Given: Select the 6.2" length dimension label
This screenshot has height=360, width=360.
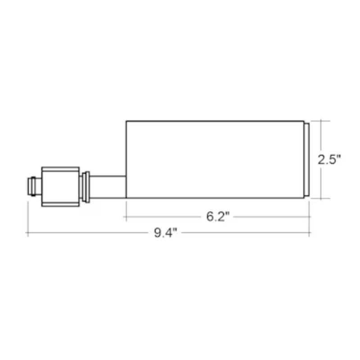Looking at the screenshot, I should pyautogui.click(x=218, y=216).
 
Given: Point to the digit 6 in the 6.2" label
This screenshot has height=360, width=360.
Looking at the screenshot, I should pyautogui.click(x=210, y=216).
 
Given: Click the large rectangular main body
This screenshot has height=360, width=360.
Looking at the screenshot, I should pyautogui.click(x=215, y=159).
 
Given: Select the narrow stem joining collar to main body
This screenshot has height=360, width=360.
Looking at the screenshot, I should pyautogui.click(x=108, y=186).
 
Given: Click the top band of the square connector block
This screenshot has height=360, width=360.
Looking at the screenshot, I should pyautogui.click(x=60, y=170).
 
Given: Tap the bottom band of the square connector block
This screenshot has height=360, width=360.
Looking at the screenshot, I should pyautogui.click(x=60, y=203).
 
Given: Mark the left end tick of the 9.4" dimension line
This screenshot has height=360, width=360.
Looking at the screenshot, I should pyautogui.click(x=28, y=233).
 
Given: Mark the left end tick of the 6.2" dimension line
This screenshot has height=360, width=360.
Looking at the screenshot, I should pyautogui.click(x=126, y=216).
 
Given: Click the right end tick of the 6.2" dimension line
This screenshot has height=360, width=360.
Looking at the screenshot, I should pyautogui.click(x=310, y=216).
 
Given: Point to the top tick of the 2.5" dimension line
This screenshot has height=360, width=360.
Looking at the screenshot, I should pyautogui.click(x=321, y=121).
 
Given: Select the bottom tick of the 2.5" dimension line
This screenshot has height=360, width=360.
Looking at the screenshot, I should pyautogui.click(x=321, y=198).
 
